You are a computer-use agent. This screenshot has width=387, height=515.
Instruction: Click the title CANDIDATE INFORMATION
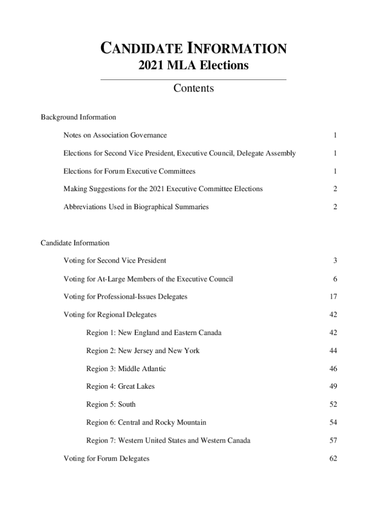193,49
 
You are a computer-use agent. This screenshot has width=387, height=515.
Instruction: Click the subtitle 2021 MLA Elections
193,65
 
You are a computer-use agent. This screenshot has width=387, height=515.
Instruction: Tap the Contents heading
193,89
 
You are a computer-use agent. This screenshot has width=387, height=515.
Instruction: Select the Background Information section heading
78,117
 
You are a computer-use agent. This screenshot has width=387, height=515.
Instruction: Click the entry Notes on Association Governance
115,135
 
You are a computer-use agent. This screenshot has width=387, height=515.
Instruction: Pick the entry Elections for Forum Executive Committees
129,171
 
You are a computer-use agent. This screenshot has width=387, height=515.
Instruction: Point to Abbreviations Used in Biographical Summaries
136,207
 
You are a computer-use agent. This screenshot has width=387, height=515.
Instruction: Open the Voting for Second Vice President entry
115,261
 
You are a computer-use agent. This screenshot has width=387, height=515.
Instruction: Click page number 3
335,261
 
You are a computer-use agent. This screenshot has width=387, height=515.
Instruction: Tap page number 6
335,279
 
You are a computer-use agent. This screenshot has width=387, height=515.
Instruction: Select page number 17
333,297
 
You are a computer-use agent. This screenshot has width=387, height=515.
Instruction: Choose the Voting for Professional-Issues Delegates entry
125,297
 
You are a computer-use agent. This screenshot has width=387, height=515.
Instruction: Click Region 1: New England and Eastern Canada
154,332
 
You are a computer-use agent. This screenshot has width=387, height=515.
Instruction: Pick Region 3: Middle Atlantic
126,369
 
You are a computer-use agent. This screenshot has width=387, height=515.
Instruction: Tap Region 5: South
111,404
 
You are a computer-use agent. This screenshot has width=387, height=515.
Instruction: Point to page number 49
333,386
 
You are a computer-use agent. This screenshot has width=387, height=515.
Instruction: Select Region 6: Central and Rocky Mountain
146,422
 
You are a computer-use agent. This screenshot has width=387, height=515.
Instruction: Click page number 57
333,441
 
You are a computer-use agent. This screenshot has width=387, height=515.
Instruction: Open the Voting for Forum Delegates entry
106,459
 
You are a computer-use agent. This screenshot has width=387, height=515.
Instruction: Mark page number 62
333,459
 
